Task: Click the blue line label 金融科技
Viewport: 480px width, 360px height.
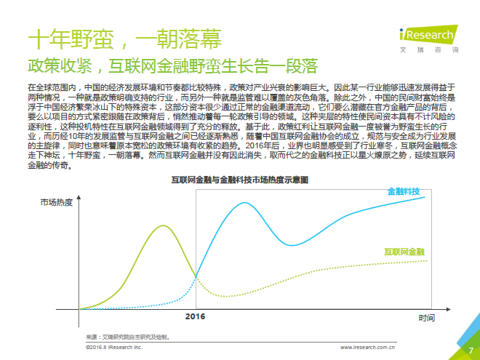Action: tap(404, 191)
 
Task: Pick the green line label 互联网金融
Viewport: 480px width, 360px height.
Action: tap(404, 252)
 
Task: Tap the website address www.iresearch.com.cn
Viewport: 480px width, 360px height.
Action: tap(369, 348)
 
